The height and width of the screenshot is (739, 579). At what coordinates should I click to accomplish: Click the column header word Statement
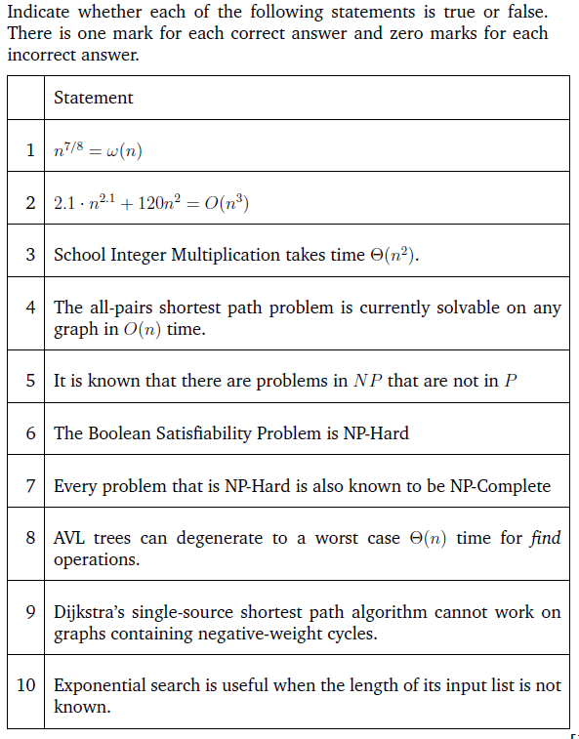94,98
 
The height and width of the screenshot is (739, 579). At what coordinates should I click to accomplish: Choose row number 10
26,685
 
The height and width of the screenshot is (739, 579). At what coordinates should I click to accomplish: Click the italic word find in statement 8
546,539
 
